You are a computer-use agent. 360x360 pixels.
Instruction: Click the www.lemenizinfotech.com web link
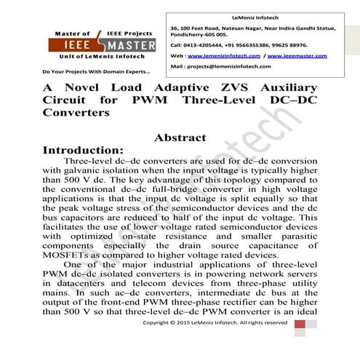(225, 55)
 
